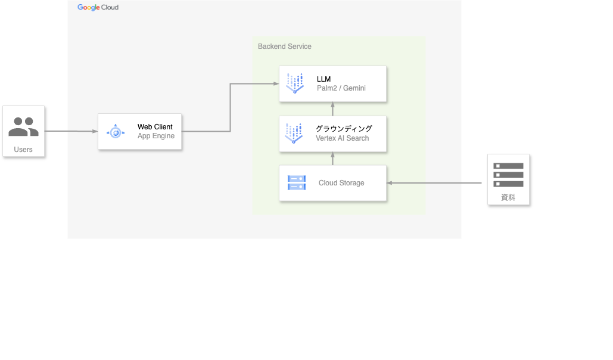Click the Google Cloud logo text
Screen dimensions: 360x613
98,8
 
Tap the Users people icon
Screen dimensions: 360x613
23,127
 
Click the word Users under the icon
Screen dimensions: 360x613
23,150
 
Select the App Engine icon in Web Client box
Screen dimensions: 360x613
116,132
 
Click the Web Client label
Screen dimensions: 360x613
155,127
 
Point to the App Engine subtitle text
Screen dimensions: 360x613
156,136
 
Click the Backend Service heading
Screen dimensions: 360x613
284,46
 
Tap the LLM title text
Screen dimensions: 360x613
323,79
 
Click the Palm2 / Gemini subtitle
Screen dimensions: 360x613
341,88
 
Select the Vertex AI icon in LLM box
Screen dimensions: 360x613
294,83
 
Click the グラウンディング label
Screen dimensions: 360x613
344,129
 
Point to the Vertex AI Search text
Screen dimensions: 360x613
342,138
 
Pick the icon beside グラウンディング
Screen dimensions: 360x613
294,134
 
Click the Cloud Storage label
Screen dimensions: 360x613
341,183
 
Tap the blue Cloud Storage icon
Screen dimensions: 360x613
296,182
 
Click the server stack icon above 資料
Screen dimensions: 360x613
508,175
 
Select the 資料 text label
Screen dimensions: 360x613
508,197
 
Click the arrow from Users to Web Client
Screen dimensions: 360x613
71,131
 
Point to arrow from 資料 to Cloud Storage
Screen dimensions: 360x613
435,183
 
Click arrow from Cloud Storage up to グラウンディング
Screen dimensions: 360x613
333,159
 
